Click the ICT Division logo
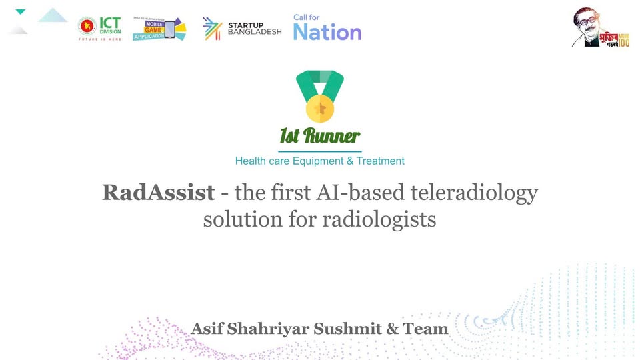(x=99, y=28)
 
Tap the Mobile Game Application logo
(x=159, y=28)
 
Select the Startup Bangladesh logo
(x=242, y=29)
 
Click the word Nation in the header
(x=327, y=32)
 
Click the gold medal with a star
(x=319, y=107)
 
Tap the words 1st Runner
(x=319, y=137)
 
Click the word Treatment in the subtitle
(x=380, y=161)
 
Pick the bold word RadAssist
(x=159, y=193)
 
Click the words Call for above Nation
(x=306, y=17)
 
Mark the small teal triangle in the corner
(x=20, y=12)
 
